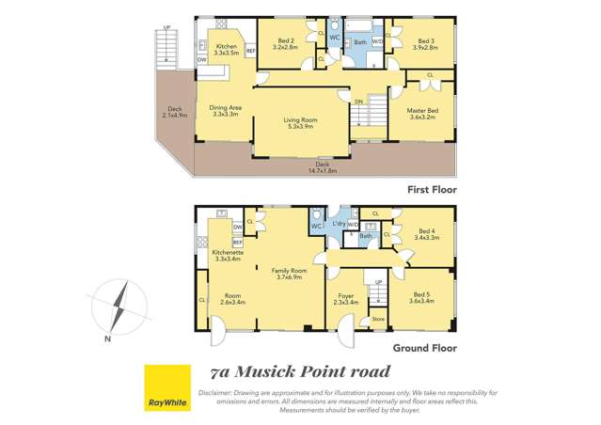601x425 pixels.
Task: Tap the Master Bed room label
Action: click(x=422, y=114)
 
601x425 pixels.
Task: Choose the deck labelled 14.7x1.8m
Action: click(x=323, y=166)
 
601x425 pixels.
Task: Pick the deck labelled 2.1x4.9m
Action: click(x=174, y=113)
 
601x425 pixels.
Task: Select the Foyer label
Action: click(x=345, y=298)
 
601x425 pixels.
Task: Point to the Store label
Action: click(x=377, y=319)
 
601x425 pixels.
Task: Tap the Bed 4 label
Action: click(x=426, y=234)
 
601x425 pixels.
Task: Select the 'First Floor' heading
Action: click(x=432, y=189)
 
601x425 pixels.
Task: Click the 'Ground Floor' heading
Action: click(x=426, y=347)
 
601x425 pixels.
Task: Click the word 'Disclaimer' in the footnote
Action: click(x=216, y=391)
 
